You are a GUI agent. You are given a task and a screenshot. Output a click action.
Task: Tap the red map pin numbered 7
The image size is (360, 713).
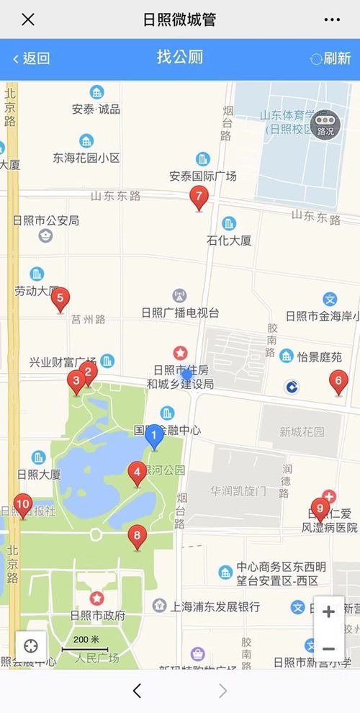[199, 197]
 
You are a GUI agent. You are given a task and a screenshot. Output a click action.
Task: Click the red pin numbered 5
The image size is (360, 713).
[60, 298]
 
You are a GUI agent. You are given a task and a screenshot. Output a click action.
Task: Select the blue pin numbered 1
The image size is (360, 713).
[153, 436]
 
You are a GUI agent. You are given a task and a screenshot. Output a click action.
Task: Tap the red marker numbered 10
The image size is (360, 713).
[22, 505]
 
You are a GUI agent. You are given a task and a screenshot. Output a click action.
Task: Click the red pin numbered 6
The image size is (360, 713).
[338, 381]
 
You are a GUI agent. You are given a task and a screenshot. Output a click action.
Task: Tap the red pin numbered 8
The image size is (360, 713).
[136, 537]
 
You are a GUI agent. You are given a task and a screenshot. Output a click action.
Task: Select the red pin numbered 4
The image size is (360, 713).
[137, 473]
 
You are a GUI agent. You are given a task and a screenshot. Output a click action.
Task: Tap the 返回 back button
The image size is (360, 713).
[31, 58]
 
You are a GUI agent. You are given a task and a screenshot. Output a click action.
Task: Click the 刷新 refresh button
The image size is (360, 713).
[330, 58]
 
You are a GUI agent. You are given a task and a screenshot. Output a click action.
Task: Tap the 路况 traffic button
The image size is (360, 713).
[325, 123]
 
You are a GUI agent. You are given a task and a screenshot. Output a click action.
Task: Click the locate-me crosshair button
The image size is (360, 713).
[31, 646]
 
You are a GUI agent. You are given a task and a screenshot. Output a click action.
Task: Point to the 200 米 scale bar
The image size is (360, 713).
[86, 643]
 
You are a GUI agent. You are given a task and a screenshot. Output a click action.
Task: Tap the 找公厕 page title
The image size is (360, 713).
[180, 58]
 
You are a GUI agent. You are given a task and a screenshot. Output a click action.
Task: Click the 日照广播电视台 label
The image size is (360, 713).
[180, 313]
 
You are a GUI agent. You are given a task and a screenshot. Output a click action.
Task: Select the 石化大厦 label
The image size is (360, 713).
[229, 240]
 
